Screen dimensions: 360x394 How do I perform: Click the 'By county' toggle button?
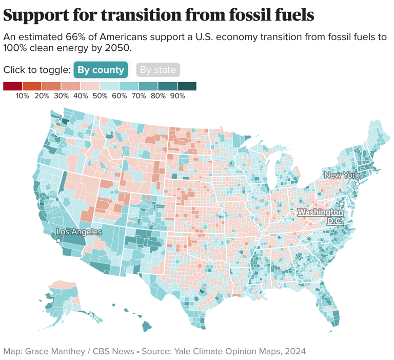click(101, 70)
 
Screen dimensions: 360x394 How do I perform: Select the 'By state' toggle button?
click(158, 70)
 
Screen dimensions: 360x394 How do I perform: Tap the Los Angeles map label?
click(78, 232)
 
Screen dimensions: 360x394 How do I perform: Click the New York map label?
click(342, 175)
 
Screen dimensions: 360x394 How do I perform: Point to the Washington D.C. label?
click(321, 216)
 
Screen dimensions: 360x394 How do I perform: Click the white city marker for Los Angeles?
click(58, 240)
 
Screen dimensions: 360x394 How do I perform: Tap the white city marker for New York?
click(358, 183)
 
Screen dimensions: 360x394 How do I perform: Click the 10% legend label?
click(22, 96)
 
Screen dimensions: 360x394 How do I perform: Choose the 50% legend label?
click(100, 96)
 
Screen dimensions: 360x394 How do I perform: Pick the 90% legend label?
click(178, 96)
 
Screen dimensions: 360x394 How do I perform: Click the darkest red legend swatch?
click(12, 86)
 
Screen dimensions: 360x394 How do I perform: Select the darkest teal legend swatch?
click(187, 86)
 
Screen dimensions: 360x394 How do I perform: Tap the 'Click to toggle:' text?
click(36, 70)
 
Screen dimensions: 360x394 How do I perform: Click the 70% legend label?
click(139, 96)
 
